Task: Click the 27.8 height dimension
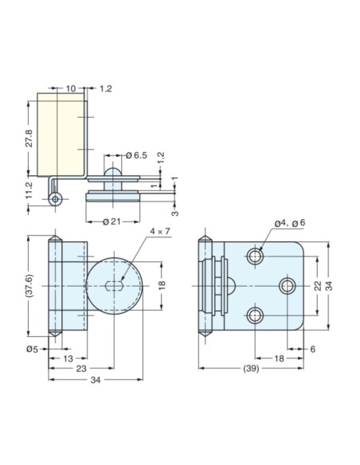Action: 29,135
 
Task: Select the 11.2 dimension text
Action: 29,190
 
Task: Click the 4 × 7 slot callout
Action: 159,232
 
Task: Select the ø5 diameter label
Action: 32,349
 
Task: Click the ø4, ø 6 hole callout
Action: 289,224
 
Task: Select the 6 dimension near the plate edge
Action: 312,349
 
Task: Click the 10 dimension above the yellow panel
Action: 71,89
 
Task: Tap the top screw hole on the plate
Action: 255,256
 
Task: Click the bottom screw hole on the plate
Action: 255,316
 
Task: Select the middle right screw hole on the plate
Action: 287,285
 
